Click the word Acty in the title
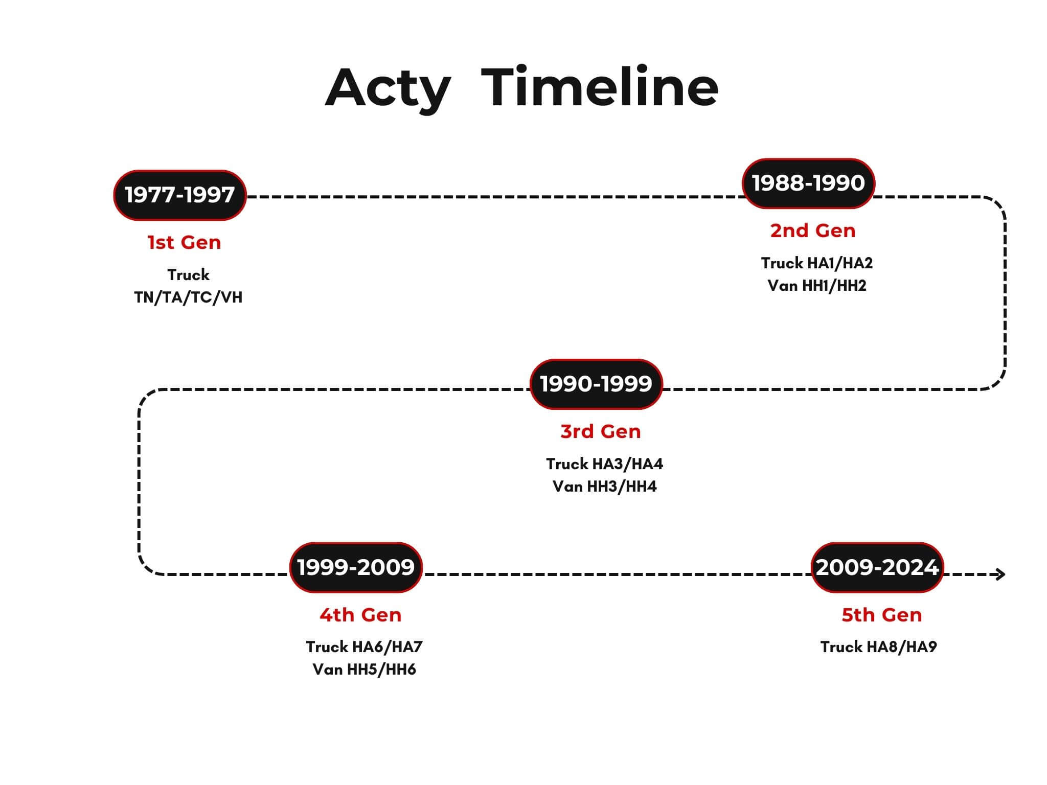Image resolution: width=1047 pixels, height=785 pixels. pos(388,89)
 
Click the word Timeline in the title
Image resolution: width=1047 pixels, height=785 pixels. pos(600,86)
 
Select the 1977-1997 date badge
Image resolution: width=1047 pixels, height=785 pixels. pos(180,195)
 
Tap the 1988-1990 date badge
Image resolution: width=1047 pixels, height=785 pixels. pos(808,183)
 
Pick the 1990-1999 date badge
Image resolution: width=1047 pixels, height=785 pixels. pos(596,384)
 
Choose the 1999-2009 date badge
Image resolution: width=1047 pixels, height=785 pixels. pos(356,568)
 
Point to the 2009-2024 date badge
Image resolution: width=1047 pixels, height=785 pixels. pos(877,568)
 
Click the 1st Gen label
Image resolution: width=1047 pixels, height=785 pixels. pos(185,242)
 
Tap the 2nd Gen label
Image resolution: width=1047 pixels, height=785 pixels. pos(813,230)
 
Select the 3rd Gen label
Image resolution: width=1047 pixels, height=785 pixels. pos(601,431)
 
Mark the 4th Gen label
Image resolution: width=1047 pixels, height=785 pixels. pos(360,615)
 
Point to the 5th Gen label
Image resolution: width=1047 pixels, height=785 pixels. pos(882,615)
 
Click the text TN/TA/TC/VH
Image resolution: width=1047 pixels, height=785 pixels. pos(188,297)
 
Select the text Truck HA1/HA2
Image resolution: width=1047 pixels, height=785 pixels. pos(817,263)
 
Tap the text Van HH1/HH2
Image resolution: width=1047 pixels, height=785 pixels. pos(817,286)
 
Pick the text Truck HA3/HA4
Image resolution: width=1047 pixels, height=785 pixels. pos(604,464)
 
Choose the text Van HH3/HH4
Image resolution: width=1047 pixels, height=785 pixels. pos(604,487)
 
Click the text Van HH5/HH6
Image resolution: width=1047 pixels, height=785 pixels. pos(364,669)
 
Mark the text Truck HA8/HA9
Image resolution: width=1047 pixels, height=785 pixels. pos(879,647)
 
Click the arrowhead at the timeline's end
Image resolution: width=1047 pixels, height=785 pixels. pos(1000,574)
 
